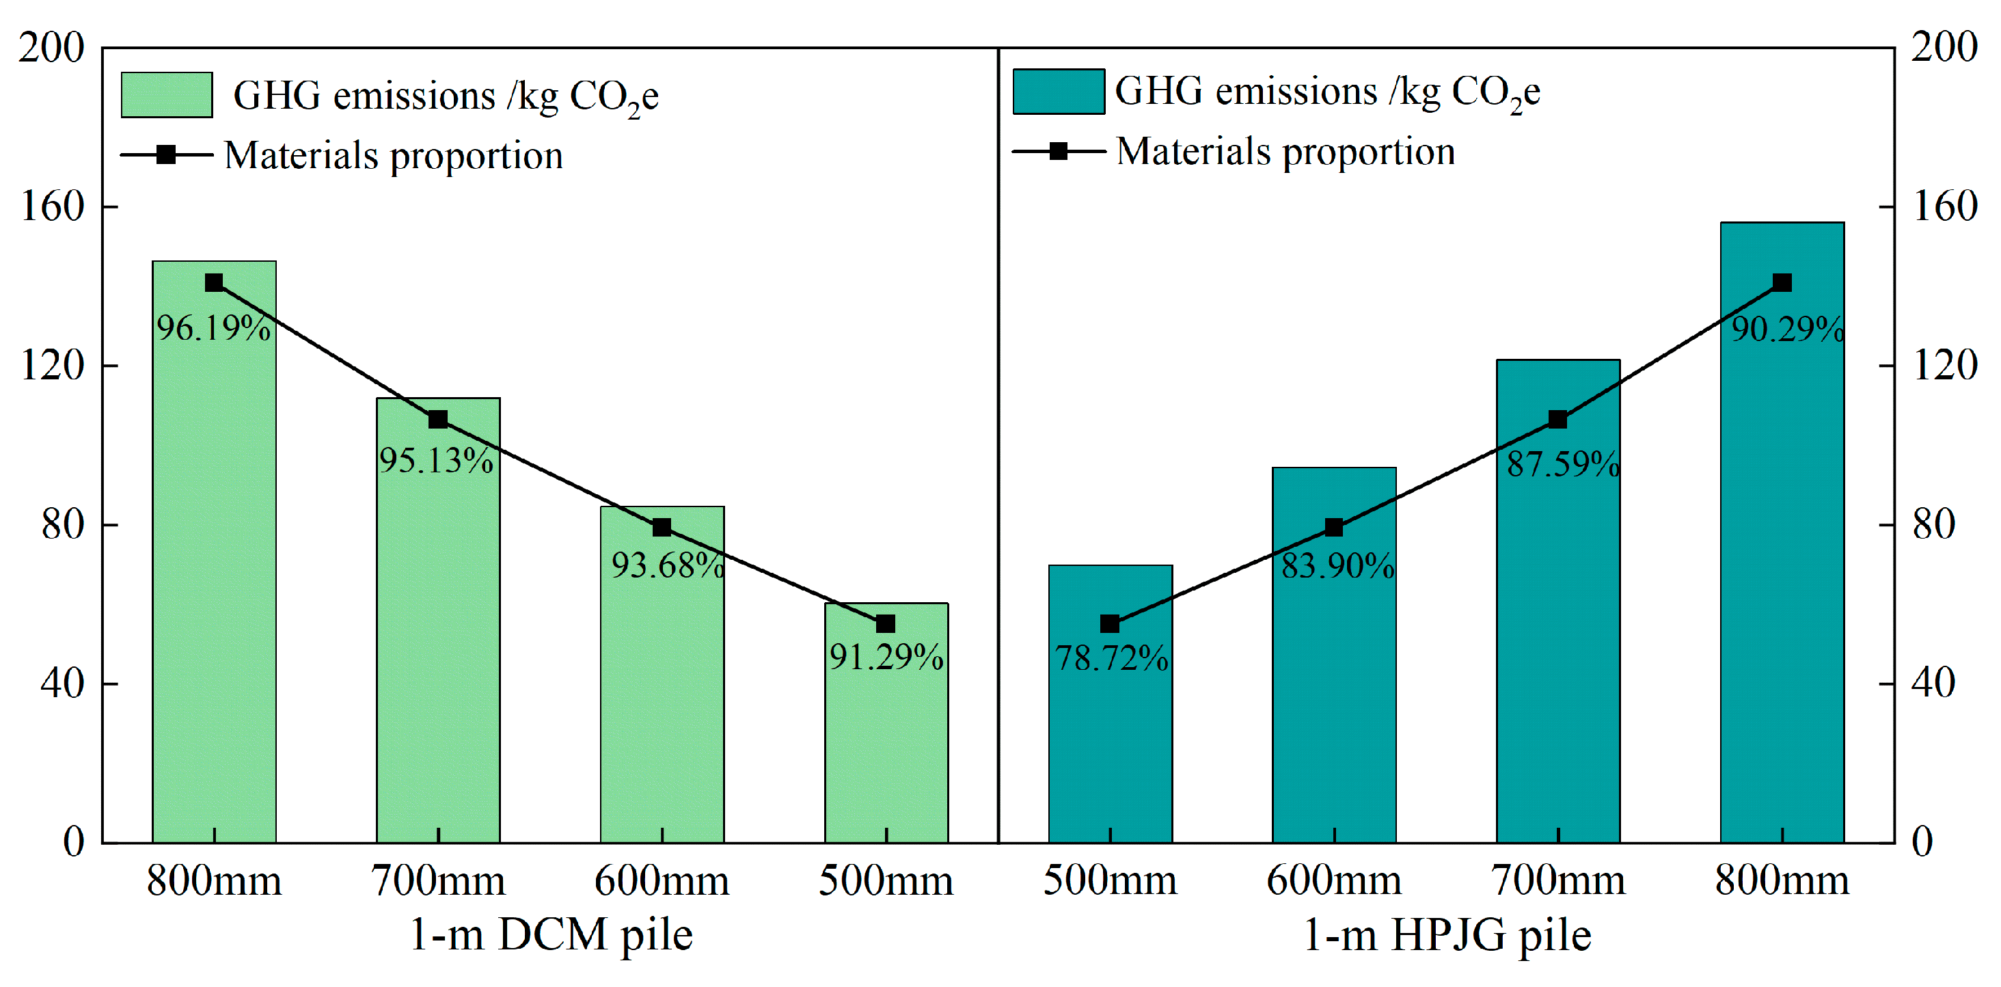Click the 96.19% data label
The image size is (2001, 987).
pyautogui.click(x=214, y=328)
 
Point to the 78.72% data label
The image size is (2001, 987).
pyautogui.click(x=1111, y=658)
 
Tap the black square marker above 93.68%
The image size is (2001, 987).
pyautogui.click(x=662, y=528)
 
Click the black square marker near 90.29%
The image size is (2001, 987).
pyautogui.click(x=1782, y=283)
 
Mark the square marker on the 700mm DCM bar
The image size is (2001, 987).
pyautogui.click(x=438, y=420)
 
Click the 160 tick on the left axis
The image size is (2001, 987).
pyautogui.click(x=51, y=206)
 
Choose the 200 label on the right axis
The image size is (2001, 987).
pyautogui.click(x=1944, y=47)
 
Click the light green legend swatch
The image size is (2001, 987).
pyautogui.click(x=166, y=95)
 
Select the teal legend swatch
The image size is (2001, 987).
pyautogui.click(x=1058, y=92)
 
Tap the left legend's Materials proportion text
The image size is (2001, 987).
pyautogui.click(x=393, y=154)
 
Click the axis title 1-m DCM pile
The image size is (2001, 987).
pyautogui.click(x=550, y=934)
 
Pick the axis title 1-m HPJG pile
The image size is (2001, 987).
pyautogui.click(x=1446, y=934)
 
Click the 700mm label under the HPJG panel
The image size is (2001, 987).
pyautogui.click(x=1557, y=880)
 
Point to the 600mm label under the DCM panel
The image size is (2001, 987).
pyautogui.click(x=662, y=880)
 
